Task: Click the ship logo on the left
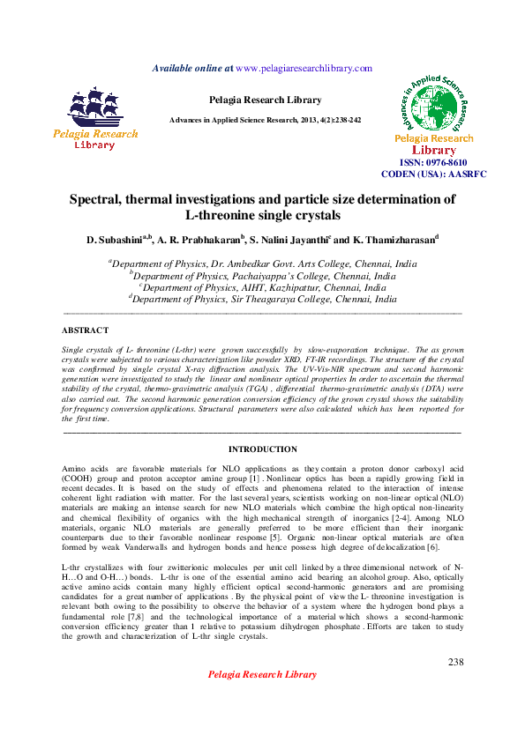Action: point(96,108)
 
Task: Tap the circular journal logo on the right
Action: point(434,100)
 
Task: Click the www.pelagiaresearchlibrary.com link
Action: point(304,68)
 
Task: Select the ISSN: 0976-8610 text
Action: point(434,163)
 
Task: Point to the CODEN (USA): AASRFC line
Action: point(434,174)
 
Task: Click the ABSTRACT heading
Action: point(85,330)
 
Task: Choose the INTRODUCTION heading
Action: point(262,449)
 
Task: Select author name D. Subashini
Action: point(116,240)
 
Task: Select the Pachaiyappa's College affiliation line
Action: point(262,275)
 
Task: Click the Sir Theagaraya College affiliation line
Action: point(262,299)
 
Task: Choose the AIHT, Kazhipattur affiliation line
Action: point(262,287)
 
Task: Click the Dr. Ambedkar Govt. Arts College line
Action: point(262,263)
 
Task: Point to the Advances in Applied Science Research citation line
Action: point(265,120)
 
